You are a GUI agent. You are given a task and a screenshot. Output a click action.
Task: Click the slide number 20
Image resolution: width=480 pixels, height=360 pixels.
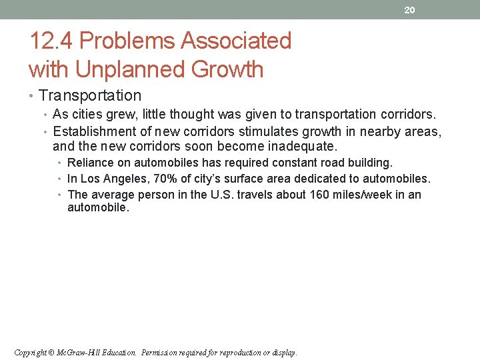click(410, 10)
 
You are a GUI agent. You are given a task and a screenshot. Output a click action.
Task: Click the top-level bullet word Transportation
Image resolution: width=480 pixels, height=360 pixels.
click(90, 96)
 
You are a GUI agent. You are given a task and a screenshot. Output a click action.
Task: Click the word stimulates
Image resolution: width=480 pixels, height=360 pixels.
click(259, 131)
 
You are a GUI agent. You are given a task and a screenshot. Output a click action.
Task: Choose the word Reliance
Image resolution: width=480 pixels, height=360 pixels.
click(90, 163)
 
